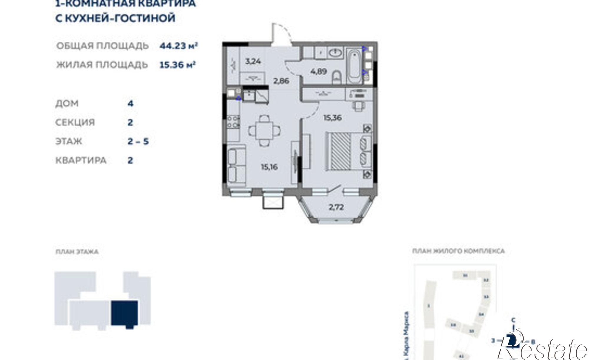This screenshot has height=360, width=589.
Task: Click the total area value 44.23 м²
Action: [178, 46]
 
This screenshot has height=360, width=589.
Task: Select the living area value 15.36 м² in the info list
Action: [177, 64]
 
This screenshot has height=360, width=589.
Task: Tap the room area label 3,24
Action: [253, 62]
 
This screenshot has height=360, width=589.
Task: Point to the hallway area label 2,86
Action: [281, 81]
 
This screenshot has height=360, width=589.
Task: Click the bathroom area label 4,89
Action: [318, 71]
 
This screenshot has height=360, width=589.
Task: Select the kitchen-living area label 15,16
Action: [269, 167]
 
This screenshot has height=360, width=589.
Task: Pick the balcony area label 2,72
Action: [336, 207]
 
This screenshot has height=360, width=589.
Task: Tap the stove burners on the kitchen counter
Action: [234, 122]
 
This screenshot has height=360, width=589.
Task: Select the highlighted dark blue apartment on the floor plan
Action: [124, 313]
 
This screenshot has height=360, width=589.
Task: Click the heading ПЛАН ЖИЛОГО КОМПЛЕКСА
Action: [458, 251]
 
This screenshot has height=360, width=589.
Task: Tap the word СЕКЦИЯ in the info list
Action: [75, 122]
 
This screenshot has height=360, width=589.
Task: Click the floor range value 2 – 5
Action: [138, 142]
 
